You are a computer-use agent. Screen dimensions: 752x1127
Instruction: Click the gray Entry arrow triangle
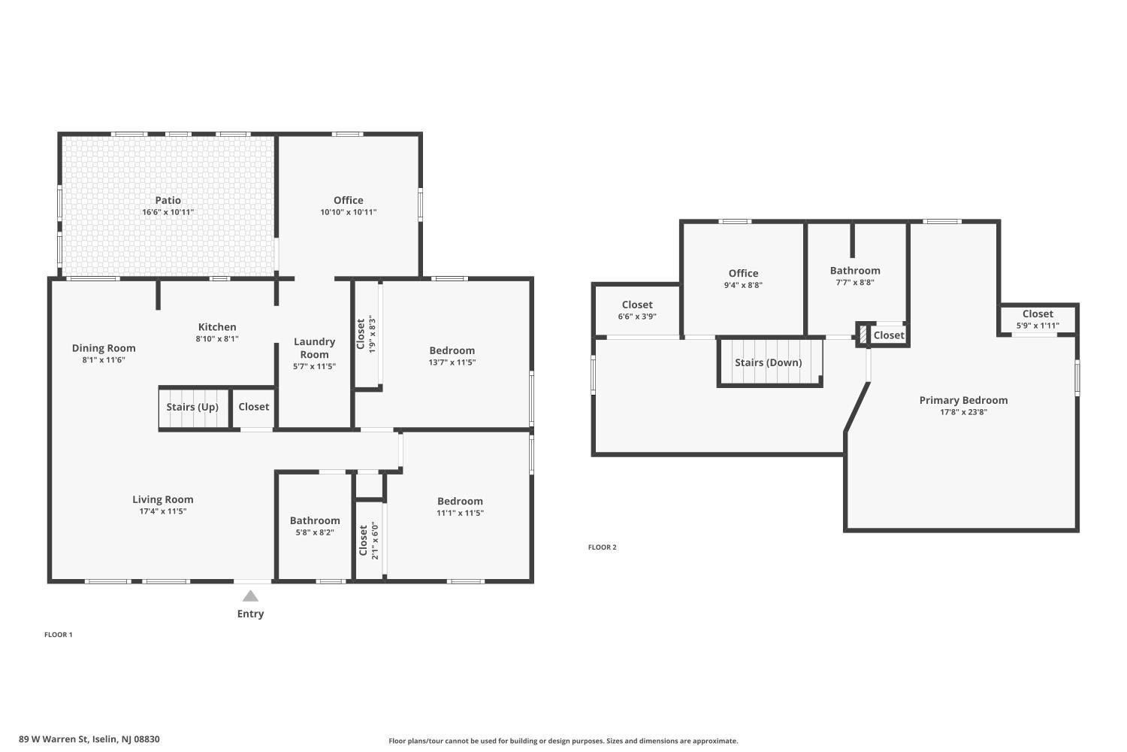tap(250, 596)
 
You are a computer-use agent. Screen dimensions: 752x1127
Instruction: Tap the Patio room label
tap(168, 200)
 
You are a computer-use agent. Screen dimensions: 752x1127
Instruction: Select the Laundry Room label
tap(314, 348)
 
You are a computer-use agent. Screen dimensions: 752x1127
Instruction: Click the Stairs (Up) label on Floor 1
tap(192, 407)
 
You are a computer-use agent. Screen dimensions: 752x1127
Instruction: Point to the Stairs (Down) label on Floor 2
tap(768, 362)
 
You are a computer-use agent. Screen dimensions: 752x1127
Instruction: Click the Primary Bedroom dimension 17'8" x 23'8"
tap(963, 412)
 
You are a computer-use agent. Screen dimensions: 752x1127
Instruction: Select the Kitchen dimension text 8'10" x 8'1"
tap(217, 339)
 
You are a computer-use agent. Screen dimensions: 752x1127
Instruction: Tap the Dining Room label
tap(104, 348)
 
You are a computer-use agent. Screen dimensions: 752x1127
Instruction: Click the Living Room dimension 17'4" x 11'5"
tap(163, 511)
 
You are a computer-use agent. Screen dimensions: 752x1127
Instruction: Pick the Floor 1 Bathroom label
tap(315, 520)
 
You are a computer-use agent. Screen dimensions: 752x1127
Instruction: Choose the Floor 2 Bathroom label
tap(855, 271)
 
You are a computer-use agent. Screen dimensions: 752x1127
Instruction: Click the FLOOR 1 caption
tap(59, 635)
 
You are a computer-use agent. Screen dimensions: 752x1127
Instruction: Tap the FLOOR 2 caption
tap(602, 547)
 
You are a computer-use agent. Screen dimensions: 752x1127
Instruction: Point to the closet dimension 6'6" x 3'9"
tap(637, 317)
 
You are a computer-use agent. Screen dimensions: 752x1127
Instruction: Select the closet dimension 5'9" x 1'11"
tap(1038, 326)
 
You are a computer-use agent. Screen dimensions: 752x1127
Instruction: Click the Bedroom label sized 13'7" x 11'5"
tap(452, 350)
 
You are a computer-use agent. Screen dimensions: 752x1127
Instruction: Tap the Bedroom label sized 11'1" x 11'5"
tap(460, 502)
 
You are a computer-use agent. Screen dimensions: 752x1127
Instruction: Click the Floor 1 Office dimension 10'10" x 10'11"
tap(348, 212)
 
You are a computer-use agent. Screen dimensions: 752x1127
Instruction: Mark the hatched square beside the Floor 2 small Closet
tap(863, 335)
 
